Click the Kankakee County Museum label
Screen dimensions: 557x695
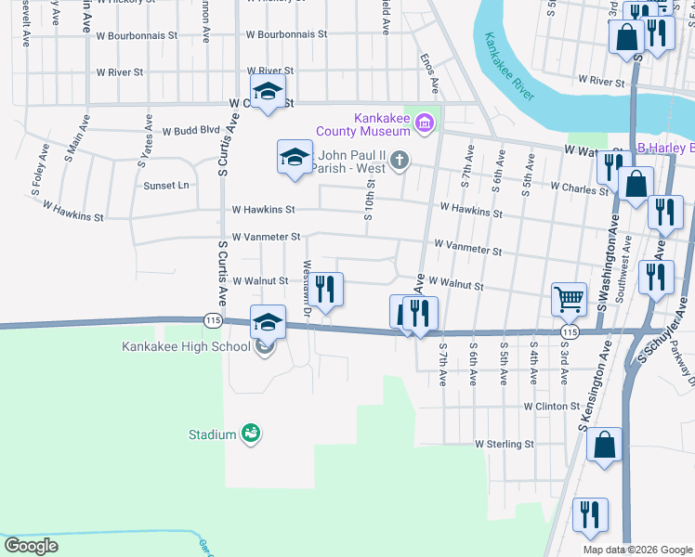click(x=382, y=123)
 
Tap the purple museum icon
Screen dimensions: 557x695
click(x=425, y=123)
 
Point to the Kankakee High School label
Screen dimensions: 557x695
click(x=186, y=347)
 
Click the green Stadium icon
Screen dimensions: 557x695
click(x=250, y=433)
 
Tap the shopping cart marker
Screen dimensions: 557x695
click(x=569, y=299)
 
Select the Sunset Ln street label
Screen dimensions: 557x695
click(x=165, y=186)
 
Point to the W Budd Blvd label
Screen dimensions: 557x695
click(x=190, y=131)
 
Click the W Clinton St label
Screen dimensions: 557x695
click(x=551, y=407)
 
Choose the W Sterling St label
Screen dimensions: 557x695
click(x=504, y=445)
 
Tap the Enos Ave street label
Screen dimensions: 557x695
click(x=427, y=73)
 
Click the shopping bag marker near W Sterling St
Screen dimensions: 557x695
click(x=604, y=445)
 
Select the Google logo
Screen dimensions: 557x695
click(x=32, y=546)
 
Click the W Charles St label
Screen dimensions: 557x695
click(x=579, y=187)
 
